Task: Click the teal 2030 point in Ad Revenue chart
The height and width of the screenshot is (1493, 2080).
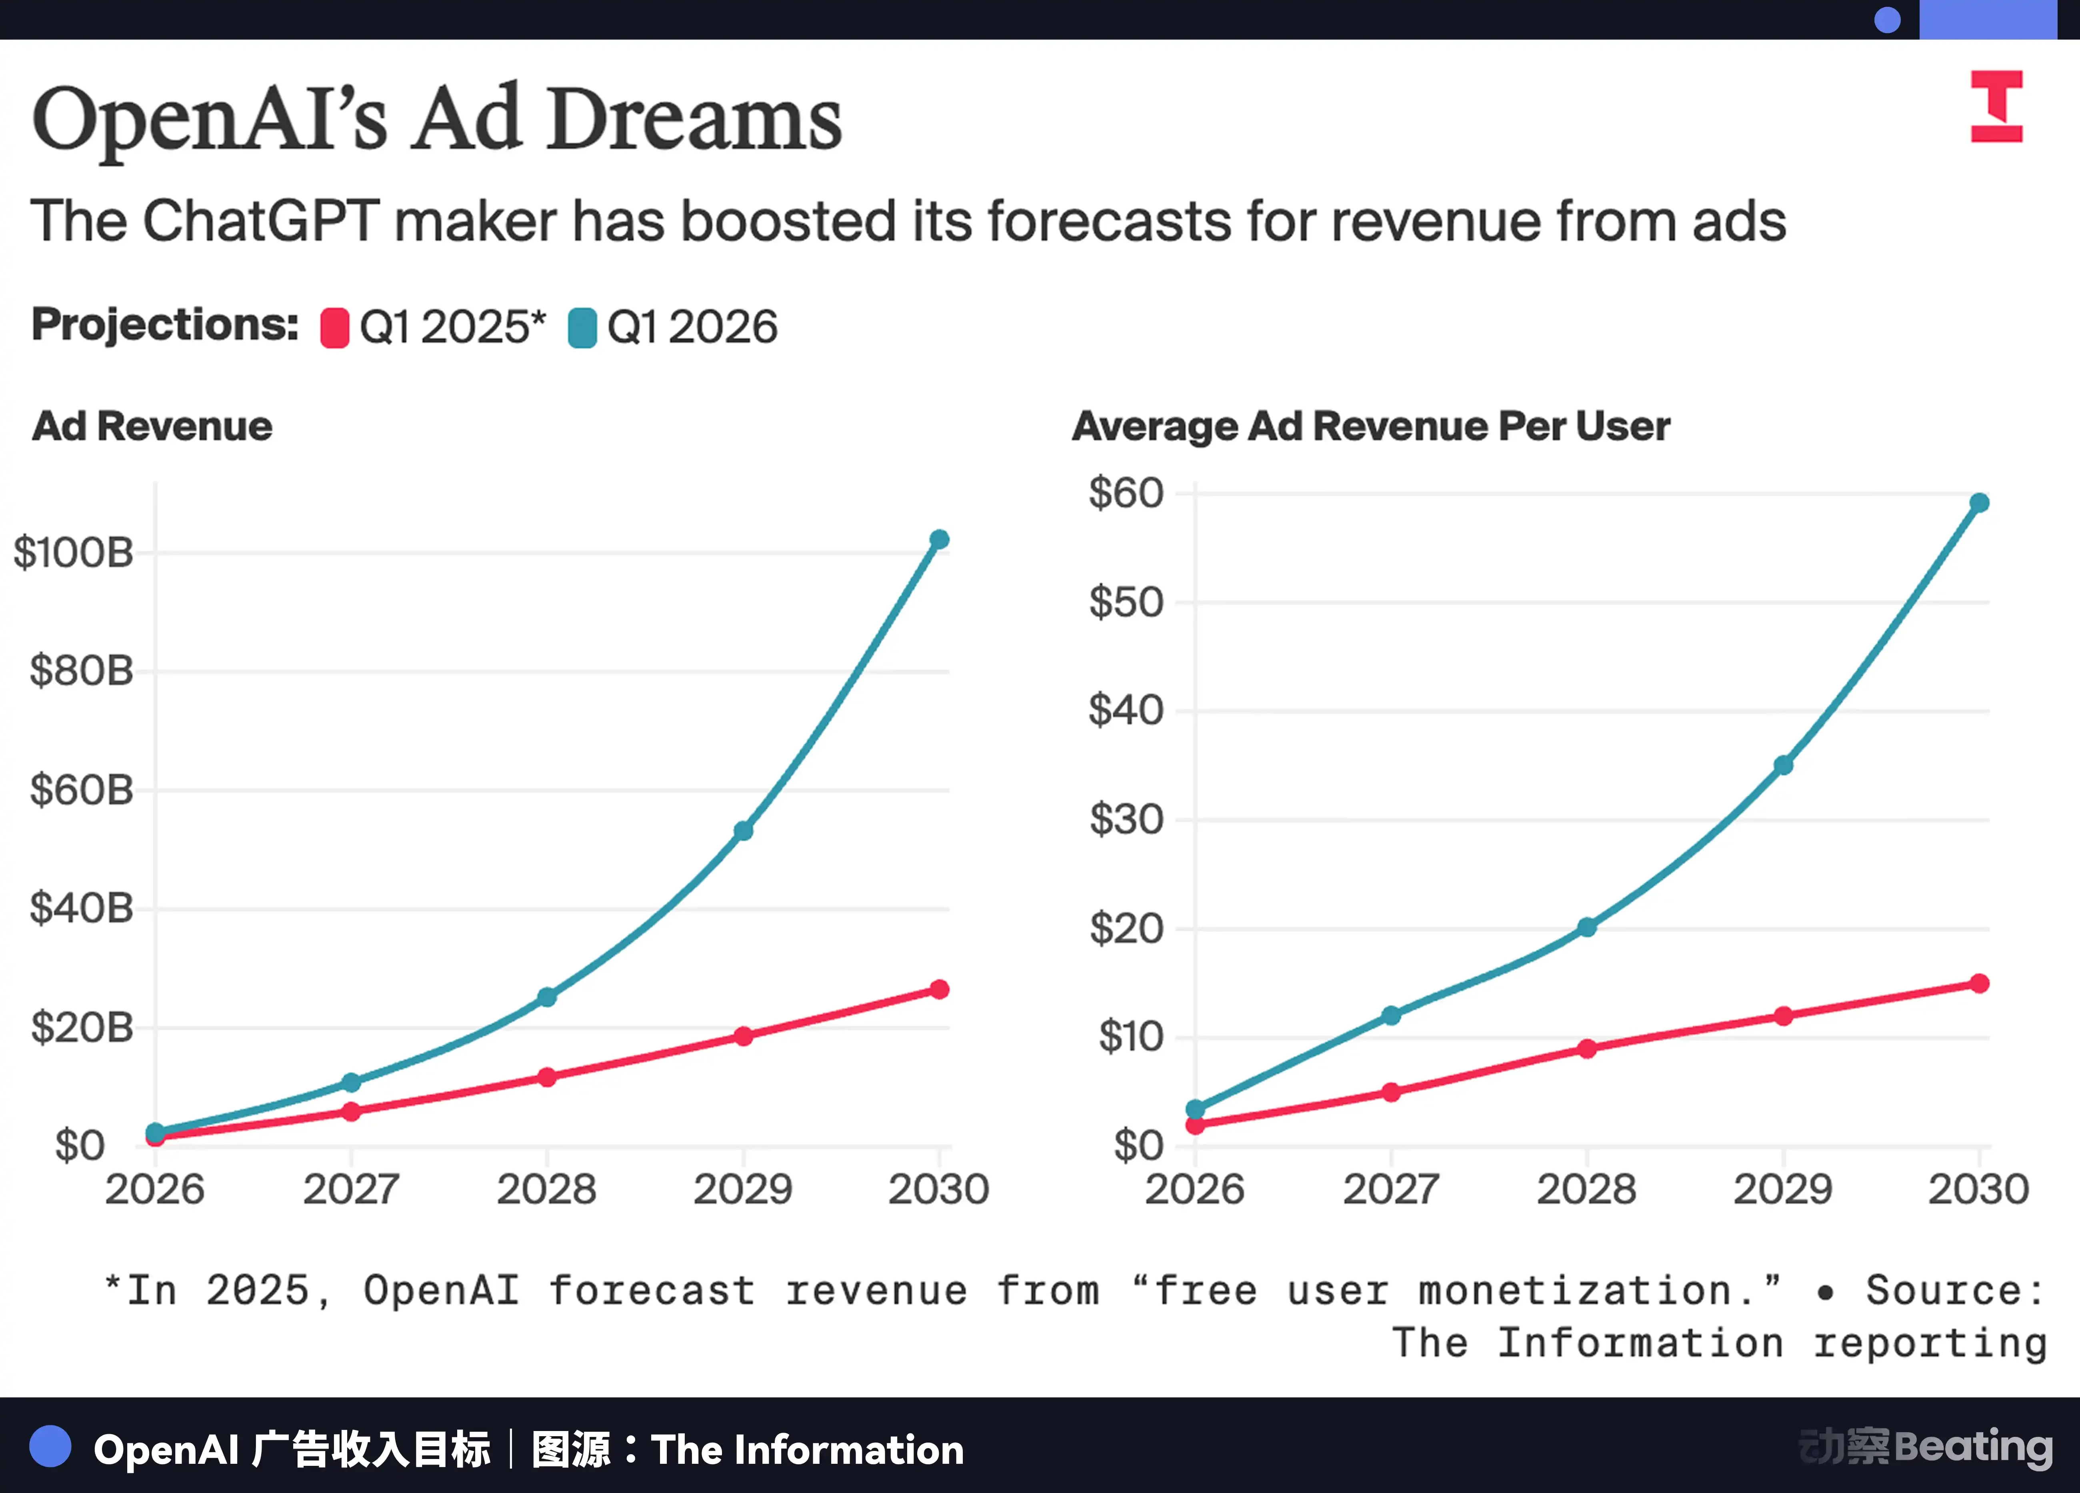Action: [939, 539]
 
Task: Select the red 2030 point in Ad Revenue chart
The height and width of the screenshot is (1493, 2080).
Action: [939, 989]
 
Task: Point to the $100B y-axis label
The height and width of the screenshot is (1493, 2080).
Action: [73, 553]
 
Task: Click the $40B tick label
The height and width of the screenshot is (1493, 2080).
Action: [82, 908]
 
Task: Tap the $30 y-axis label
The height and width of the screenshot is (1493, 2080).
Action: [1126, 819]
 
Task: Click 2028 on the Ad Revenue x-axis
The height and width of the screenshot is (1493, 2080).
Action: [546, 1189]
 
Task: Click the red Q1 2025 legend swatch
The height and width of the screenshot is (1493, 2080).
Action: [335, 327]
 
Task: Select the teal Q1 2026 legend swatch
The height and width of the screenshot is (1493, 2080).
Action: [582, 327]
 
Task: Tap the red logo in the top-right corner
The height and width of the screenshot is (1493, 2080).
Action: [1996, 106]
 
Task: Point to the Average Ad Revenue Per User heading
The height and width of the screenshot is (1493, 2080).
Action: [1371, 426]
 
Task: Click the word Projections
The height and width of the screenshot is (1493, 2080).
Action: [165, 325]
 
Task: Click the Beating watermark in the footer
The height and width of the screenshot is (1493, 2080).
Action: [1974, 1447]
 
